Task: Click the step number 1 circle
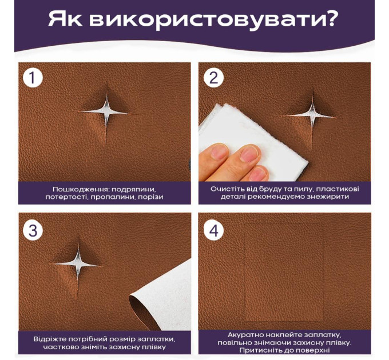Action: [x=33, y=78]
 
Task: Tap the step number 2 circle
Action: [x=213, y=78]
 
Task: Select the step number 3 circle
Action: [x=33, y=230]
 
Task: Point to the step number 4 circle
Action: [x=213, y=230]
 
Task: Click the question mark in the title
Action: [x=330, y=18]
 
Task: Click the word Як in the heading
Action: [x=65, y=19]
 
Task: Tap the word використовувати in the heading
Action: [x=205, y=21]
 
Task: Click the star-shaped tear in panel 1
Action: [x=106, y=113]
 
